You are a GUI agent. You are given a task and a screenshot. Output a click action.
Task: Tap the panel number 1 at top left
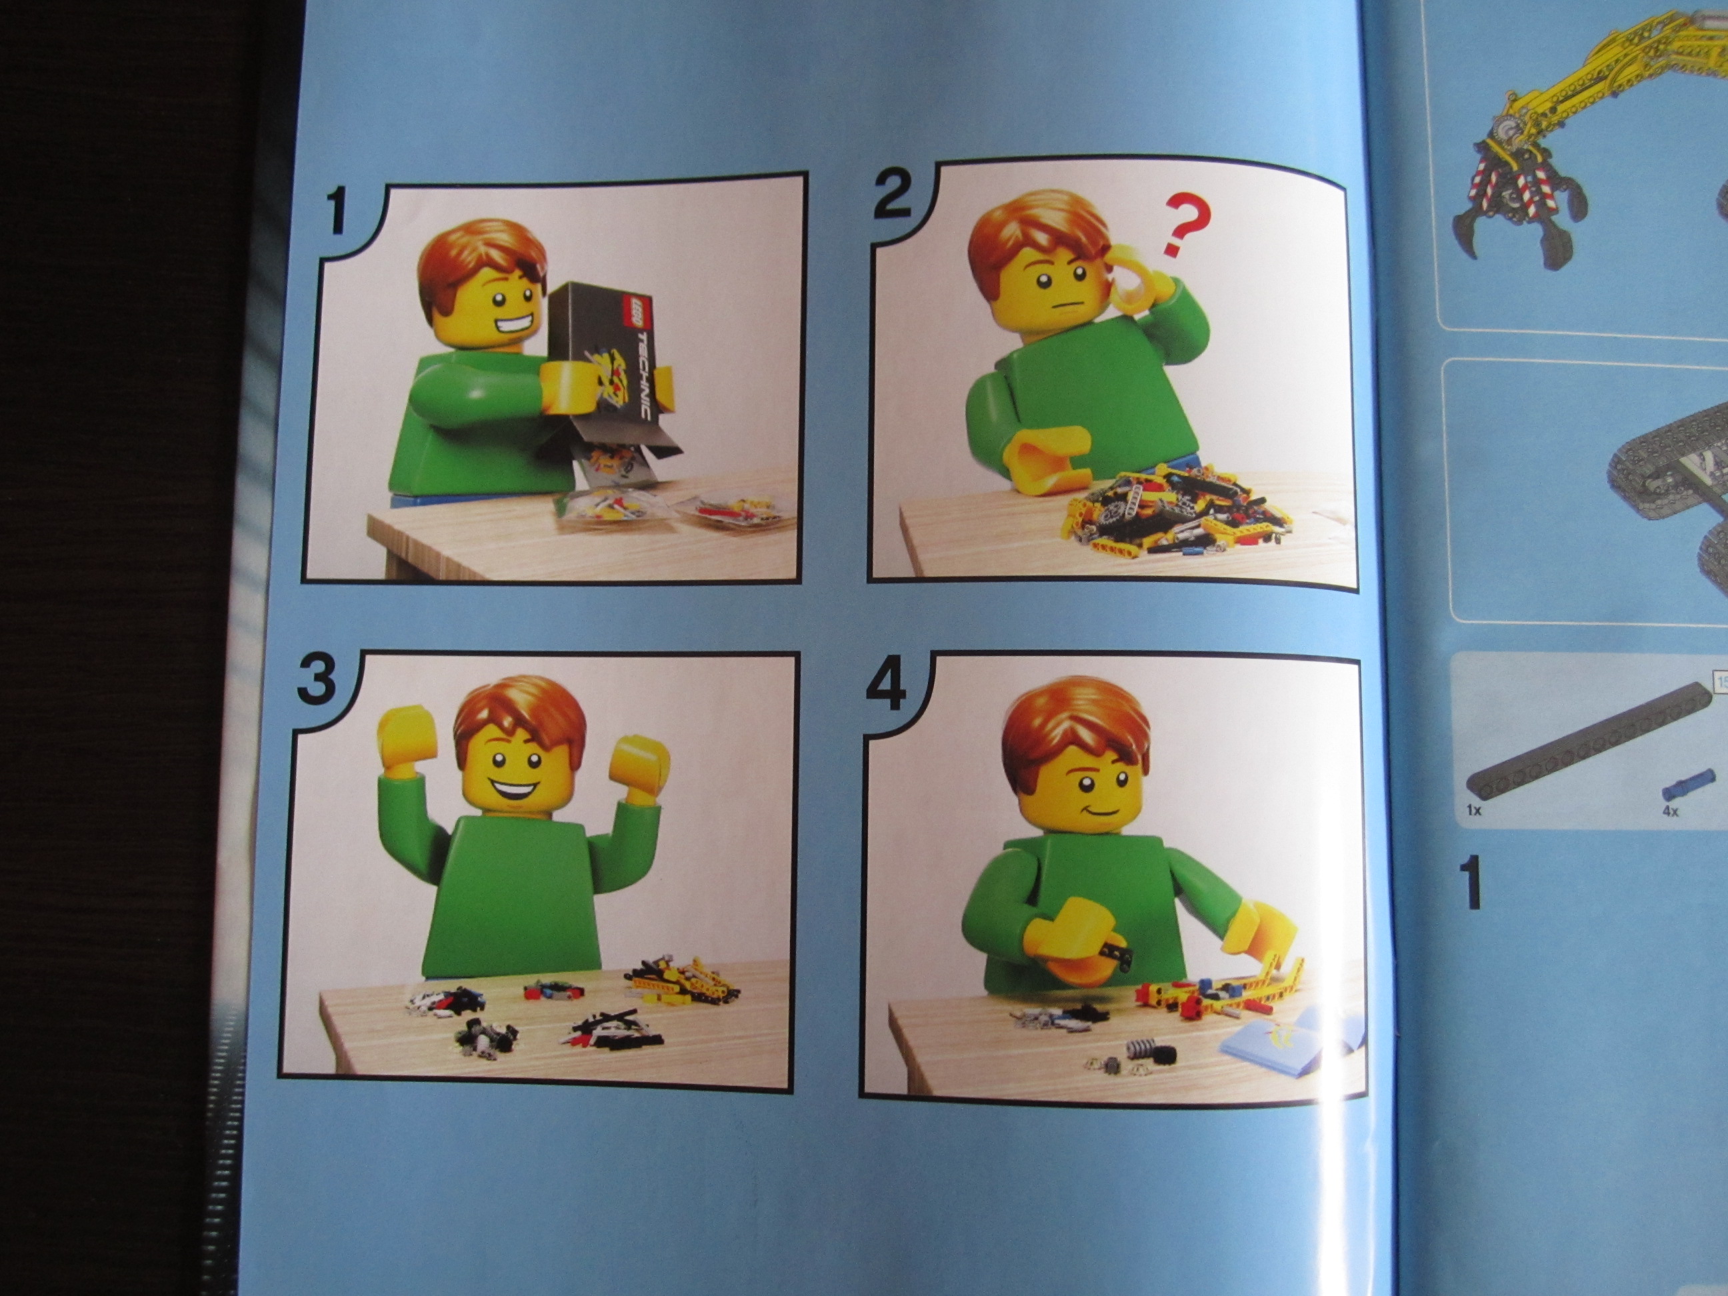pyautogui.click(x=337, y=211)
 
